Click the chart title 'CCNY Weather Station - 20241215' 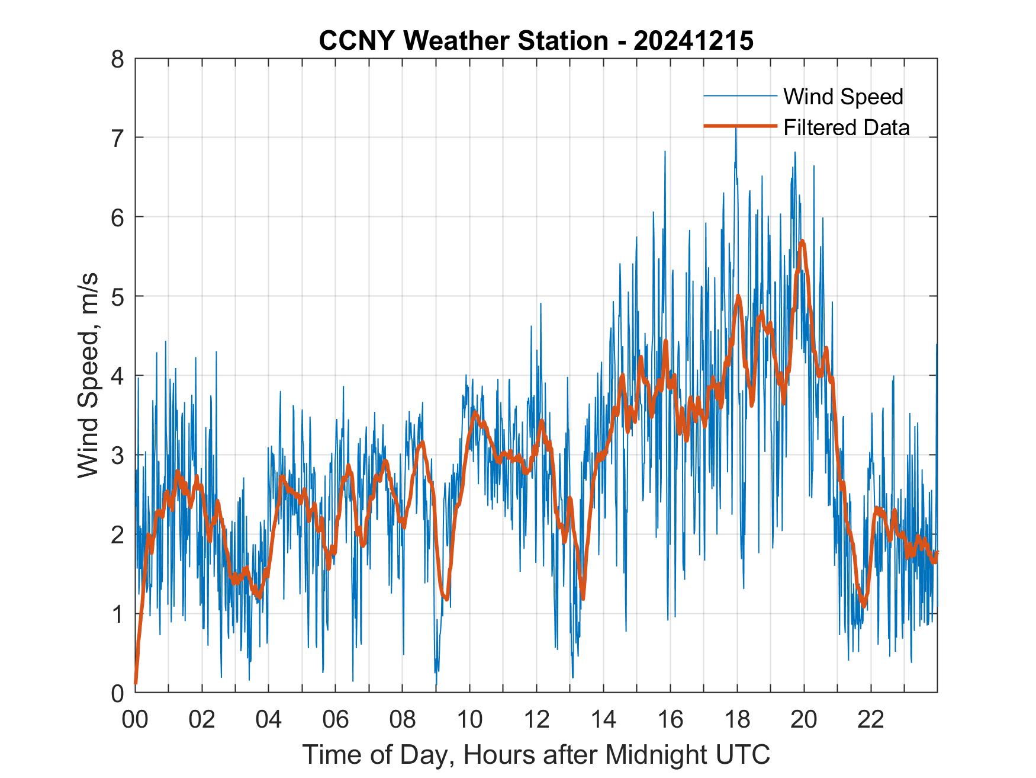(x=536, y=40)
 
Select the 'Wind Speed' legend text (x=843, y=97)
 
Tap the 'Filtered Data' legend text (x=846, y=127)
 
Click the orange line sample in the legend (x=739, y=126)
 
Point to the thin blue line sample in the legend (x=739, y=96)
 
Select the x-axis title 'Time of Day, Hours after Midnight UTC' (x=536, y=755)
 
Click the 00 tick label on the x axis (x=135, y=721)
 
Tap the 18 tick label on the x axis (x=737, y=721)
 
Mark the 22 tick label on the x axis (x=871, y=721)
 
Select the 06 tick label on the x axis (x=336, y=721)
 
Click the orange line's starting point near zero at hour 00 (x=136, y=683)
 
